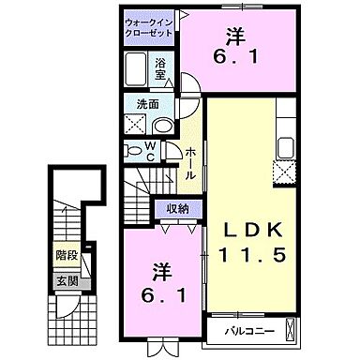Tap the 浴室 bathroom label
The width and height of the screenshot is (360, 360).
pos(161,69)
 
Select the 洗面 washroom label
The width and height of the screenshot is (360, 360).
pos(136,105)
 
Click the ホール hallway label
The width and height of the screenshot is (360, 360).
pos(190,165)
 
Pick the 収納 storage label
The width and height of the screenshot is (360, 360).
pos(178,210)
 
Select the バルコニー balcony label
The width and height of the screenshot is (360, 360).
pos(248,331)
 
